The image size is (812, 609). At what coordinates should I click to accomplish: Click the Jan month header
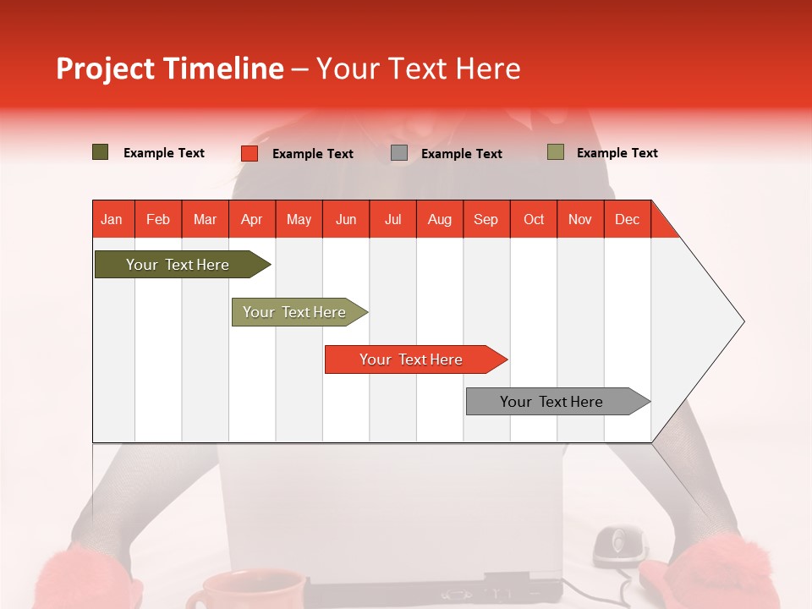112,220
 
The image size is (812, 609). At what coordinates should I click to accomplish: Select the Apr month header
252,220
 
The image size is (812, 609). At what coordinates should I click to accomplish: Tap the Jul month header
393,220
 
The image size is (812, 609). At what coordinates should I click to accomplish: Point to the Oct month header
534,220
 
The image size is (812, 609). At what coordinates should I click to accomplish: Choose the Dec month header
627,220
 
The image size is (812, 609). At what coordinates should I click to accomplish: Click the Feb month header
158,220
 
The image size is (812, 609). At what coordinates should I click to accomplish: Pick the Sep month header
486,220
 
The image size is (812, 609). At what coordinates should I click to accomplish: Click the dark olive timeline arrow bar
183,264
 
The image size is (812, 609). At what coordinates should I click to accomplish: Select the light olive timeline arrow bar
299,312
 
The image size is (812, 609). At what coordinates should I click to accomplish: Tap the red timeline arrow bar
416,359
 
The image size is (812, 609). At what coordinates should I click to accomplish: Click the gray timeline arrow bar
558,401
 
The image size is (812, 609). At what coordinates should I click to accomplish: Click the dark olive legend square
100,152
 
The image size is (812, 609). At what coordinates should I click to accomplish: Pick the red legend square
250,153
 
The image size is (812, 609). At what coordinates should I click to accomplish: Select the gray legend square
398,153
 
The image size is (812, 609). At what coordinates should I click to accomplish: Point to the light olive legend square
556,152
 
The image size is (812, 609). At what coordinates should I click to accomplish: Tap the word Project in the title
105,69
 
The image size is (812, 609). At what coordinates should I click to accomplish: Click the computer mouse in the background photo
620,546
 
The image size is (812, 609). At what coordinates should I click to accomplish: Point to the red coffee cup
246,590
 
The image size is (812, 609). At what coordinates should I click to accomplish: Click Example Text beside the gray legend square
462,154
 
